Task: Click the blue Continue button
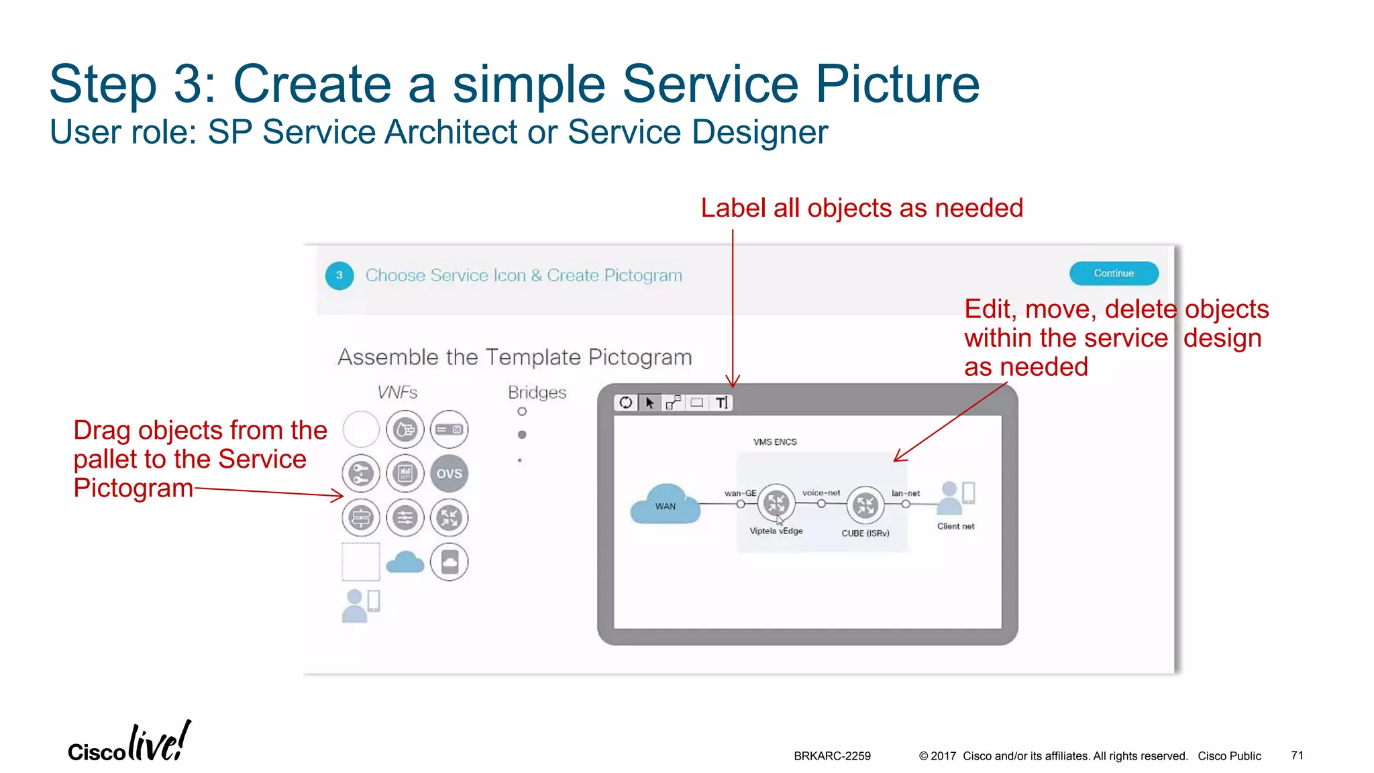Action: (x=1113, y=274)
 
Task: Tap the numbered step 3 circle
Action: (x=339, y=275)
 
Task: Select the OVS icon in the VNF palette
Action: (x=449, y=474)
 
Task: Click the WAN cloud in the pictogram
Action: (x=665, y=505)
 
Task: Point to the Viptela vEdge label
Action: (x=776, y=531)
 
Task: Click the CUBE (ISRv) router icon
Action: (x=865, y=505)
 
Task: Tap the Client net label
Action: (x=955, y=526)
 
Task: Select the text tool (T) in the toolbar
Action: (x=721, y=403)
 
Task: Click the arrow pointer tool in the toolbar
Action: (x=649, y=403)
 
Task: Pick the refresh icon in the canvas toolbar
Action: (x=625, y=403)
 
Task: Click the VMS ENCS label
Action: (x=775, y=442)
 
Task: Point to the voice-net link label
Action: (x=821, y=493)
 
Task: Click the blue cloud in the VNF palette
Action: (x=405, y=562)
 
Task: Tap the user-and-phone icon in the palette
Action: (x=361, y=605)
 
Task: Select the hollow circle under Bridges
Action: (x=522, y=411)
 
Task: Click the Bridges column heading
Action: (x=537, y=393)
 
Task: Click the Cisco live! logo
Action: (x=129, y=743)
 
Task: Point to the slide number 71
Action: (x=1297, y=756)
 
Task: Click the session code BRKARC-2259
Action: (x=832, y=756)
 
